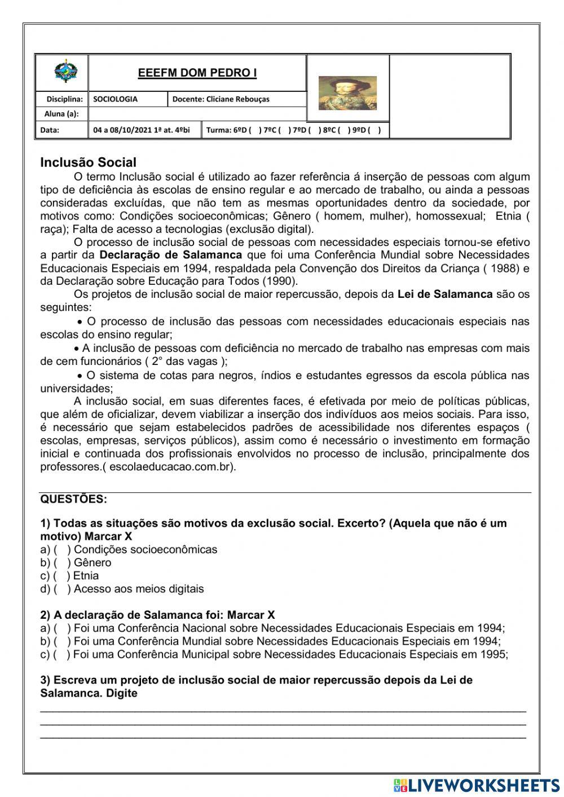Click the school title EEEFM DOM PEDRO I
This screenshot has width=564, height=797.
point(197,73)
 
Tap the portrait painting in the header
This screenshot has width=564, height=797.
point(347,93)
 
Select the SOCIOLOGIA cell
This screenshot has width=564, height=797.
point(116,99)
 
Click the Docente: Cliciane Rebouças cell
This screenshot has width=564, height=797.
point(221,99)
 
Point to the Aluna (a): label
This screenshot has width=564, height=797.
point(61,114)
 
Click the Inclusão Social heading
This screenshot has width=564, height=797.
point(88,162)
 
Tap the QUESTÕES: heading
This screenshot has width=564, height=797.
point(73,499)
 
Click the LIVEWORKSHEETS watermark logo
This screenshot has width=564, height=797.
point(476,785)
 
